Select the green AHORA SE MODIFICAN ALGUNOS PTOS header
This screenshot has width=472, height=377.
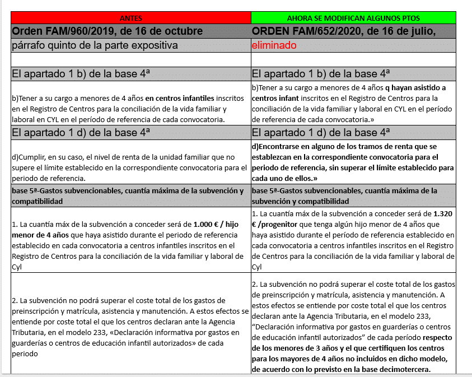point(352,17)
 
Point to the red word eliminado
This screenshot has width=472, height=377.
point(274,45)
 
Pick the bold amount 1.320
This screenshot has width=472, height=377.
point(443,214)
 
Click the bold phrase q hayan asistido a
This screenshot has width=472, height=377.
point(415,87)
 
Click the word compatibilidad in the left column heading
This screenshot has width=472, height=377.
point(37,201)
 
